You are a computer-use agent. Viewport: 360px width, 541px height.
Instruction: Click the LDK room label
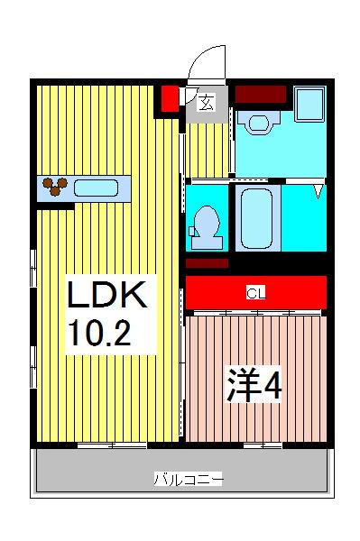pos(107,294)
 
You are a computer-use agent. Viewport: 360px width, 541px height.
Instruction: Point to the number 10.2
pos(101,333)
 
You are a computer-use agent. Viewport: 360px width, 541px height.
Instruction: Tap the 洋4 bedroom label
pos(254,385)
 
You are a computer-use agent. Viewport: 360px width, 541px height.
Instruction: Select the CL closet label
pos(256,294)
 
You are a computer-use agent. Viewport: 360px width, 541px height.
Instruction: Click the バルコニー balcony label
pos(189,480)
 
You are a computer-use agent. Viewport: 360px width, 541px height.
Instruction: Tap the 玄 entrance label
pos(206,102)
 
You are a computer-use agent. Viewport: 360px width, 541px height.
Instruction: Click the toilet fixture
pos(207,227)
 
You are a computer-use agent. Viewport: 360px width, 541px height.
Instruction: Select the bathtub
pos(257,218)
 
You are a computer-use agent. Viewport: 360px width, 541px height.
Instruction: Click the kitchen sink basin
pos(96,188)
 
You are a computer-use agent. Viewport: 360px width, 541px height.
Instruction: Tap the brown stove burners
pos(54,186)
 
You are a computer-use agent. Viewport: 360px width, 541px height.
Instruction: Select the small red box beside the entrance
pos(171,98)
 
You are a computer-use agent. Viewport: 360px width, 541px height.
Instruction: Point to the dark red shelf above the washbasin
pos(261,94)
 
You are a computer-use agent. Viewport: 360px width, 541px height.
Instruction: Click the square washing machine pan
pos(309,104)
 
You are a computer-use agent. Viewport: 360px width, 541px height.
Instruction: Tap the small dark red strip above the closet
pos(208,263)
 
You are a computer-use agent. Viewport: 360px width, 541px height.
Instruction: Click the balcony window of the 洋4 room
pos(263,445)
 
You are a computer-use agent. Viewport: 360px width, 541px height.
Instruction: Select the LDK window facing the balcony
pos(112,445)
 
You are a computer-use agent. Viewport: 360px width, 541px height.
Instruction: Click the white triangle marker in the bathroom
pos(318,191)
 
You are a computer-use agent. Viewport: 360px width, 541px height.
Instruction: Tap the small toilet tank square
pos(192,231)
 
